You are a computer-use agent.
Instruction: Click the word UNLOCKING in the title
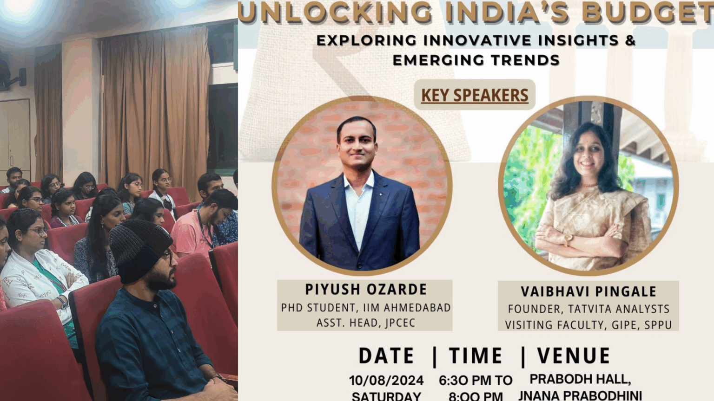[335, 12]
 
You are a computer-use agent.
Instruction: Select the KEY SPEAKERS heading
[475, 95]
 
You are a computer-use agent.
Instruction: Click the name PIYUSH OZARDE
[366, 289]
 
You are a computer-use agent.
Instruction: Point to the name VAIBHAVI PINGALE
[588, 291]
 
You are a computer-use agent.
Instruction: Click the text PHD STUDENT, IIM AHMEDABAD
[366, 308]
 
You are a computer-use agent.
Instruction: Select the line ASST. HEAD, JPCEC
[366, 323]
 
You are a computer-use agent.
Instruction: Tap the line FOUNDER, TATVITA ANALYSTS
[588, 309]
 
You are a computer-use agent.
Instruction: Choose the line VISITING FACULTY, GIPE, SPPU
[588, 325]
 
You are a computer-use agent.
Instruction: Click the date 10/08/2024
[386, 380]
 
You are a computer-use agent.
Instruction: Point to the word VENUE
[574, 356]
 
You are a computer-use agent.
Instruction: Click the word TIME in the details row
[476, 356]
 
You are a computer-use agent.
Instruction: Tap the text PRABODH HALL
[580, 379]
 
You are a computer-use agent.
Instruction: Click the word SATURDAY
[386, 396]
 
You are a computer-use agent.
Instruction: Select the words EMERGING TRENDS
[476, 60]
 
